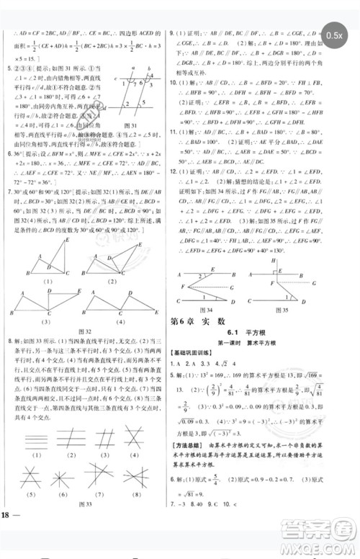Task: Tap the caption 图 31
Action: point(132,127)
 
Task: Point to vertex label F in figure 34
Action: point(184,268)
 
